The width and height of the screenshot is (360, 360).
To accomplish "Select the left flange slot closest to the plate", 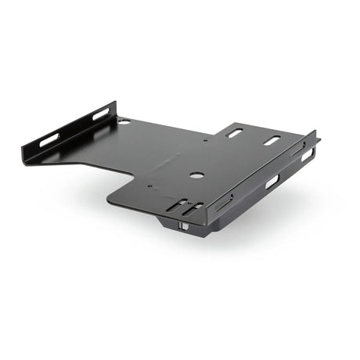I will (101, 114).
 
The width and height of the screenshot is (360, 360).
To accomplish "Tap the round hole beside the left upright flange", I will (124, 122).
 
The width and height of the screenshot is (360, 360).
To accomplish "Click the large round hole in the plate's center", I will (196, 175).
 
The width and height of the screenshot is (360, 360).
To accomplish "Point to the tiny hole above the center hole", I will (206, 142).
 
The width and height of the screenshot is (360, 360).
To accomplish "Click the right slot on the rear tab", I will (272, 141).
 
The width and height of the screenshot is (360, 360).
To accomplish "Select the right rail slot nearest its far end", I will (308, 155).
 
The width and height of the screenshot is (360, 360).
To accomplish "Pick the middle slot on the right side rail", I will (272, 182).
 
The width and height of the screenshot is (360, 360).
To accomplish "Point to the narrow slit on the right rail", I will (223, 203).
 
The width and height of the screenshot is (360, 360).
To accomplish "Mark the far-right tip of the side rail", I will (319, 140).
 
